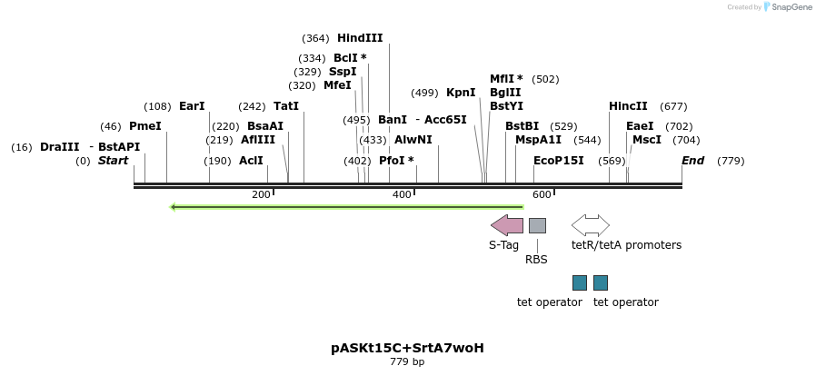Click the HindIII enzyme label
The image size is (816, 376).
pos(360,38)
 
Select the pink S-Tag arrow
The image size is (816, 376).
pos(507,225)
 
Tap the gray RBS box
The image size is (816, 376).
pos(537,225)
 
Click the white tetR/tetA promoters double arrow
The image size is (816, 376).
pos(590,225)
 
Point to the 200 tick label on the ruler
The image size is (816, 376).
pos(261,195)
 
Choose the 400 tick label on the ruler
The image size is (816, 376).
pos(402,195)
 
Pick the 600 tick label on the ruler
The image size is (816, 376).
pos(542,195)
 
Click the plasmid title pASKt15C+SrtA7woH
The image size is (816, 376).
pos(407,348)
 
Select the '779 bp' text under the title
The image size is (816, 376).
pos(407,362)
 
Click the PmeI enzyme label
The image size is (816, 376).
pos(144,126)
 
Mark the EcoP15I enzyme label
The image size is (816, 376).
pos(558,161)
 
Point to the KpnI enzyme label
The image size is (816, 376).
pos(461,93)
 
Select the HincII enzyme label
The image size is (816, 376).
pos(628,106)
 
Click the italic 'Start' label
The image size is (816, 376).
pos(114,161)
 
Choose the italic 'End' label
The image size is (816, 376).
pos(692,161)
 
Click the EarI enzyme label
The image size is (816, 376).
pos(192,106)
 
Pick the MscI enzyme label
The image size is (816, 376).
pos(647,140)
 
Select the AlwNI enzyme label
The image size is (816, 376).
pos(413,140)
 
